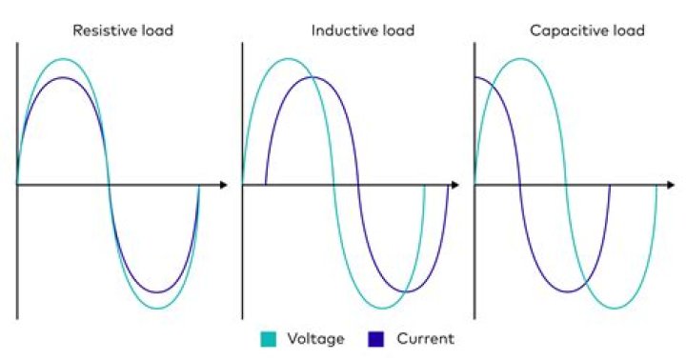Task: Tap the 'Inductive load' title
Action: [362, 30]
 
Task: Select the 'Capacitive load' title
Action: [587, 30]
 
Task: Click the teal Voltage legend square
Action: [268, 338]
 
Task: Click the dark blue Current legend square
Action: [375, 338]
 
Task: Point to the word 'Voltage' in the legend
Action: [316, 338]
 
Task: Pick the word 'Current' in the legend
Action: [425, 338]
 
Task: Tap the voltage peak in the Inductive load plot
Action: [288, 59]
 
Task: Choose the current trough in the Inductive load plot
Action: [404, 291]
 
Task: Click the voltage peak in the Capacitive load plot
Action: [520, 59]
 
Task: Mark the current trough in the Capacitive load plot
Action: [566, 291]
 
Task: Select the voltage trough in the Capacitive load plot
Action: [612, 308]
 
